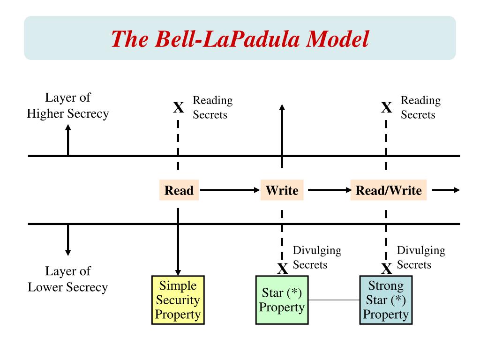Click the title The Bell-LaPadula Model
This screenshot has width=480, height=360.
pos(240,39)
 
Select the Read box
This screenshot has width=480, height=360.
pos(179,190)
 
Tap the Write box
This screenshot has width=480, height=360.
pos(282,190)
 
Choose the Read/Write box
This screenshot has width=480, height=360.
pos(389,190)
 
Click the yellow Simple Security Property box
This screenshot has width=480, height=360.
pos(178,300)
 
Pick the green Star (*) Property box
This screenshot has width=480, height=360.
pos(282,300)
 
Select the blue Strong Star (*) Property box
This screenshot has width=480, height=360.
pos(386,300)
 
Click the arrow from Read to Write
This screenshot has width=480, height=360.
pos(230,190)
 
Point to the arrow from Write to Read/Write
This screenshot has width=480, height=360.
pos(330,190)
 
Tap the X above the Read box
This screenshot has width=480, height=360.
pos(179,107)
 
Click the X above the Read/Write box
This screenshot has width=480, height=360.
pos(387,107)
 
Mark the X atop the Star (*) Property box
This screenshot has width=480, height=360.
pos(283,269)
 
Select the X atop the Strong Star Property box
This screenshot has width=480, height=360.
pos(387,269)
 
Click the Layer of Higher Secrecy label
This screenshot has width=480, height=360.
pos(67,105)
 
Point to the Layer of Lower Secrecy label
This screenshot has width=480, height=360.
pos(67,279)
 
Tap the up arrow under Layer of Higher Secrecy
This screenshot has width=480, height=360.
pos(68,140)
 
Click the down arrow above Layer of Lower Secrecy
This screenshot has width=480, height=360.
pos(68,240)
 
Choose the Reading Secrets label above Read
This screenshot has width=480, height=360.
pos(213,107)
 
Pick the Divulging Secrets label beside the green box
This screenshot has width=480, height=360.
pos(317,257)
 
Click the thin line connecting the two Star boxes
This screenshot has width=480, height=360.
pos(334,300)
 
